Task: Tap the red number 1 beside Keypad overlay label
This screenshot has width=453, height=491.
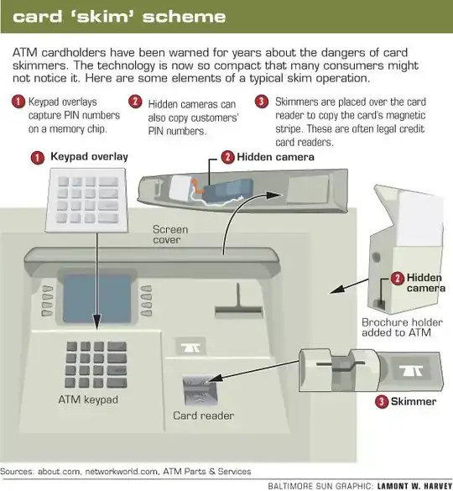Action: click(38, 157)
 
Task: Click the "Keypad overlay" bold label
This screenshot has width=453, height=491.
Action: click(90, 157)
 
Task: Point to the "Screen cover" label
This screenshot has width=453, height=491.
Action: click(170, 235)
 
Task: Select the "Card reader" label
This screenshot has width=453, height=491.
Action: click(204, 415)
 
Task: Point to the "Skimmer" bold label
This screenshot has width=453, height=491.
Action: click(416, 402)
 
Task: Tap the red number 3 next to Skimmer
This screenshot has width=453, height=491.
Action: click(383, 402)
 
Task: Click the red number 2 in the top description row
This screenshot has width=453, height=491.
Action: click(134, 102)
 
